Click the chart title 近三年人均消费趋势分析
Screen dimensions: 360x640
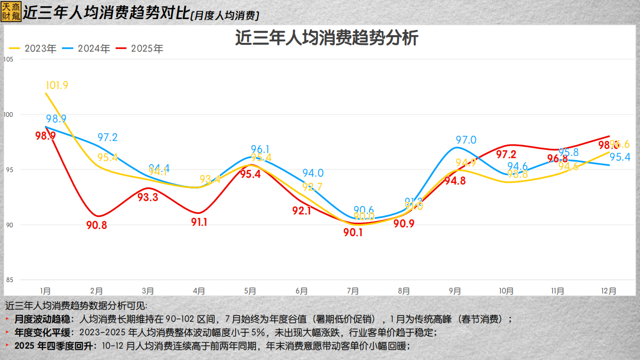coord(326,39)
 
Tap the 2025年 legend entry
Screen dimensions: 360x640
coord(140,49)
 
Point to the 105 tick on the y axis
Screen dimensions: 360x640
coord(8,59)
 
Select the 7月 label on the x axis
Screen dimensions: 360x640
coord(353,291)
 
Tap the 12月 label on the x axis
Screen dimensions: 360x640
coord(609,291)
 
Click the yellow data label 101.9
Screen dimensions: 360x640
coord(57,85)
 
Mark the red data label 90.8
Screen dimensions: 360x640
coord(97,225)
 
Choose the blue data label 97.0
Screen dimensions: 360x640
coord(466,140)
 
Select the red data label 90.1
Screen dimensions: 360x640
coord(353,232)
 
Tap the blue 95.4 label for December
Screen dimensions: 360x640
coord(619,157)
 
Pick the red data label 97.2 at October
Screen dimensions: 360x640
coord(506,154)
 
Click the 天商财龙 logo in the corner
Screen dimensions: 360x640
coord(11,10)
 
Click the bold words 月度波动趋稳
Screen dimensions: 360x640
coord(44,319)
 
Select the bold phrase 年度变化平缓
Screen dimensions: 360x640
coord(44,332)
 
